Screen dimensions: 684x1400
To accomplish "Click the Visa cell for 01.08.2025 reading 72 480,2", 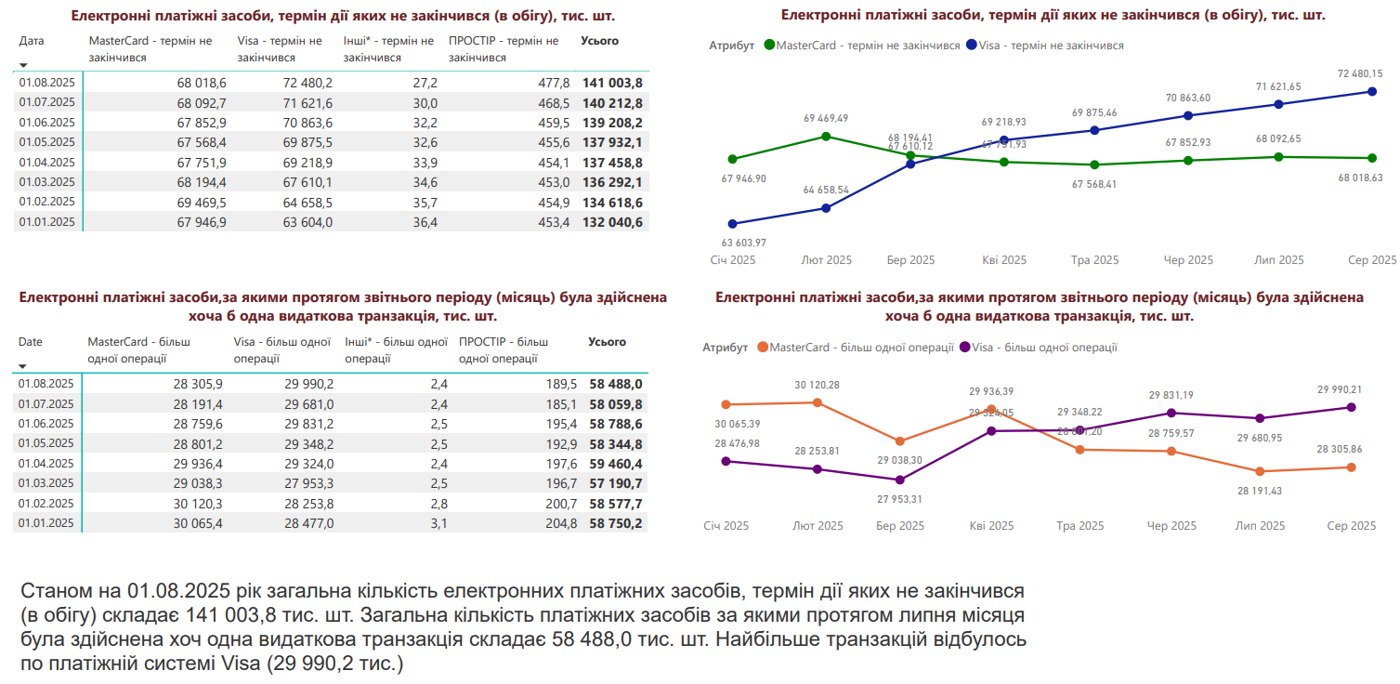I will (x=307, y=83).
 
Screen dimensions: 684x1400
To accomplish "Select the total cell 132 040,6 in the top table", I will (x=612, y=222).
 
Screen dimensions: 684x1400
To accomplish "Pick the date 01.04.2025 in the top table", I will (x=46, y=163).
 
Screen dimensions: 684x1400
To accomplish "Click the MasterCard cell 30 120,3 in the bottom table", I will (x=197, y=504).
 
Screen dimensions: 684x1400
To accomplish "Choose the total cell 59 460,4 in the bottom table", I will (x=615, y=464).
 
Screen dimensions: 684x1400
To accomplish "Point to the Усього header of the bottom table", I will (x=607, y=342).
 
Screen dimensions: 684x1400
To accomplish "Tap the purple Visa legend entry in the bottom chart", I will (x=1038, y=348).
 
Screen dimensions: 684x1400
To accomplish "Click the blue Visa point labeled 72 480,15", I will (x=1372, y=91).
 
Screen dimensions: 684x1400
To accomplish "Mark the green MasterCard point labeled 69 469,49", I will (x=826, y=137).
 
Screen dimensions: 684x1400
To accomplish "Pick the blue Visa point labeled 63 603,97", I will (x=733, y=224).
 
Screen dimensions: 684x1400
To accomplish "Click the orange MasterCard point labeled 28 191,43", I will (x=1261, y=471).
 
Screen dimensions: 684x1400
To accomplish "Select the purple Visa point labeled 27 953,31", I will (x=899, y=480).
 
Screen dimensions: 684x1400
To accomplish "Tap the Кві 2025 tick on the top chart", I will (x=1003, y=260).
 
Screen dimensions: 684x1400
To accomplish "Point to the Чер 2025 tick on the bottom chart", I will (x=1171, y=526).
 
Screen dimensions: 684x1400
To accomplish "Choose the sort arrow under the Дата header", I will (x=23, y=65).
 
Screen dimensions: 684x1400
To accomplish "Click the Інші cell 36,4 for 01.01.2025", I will (x=424, y=222).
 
